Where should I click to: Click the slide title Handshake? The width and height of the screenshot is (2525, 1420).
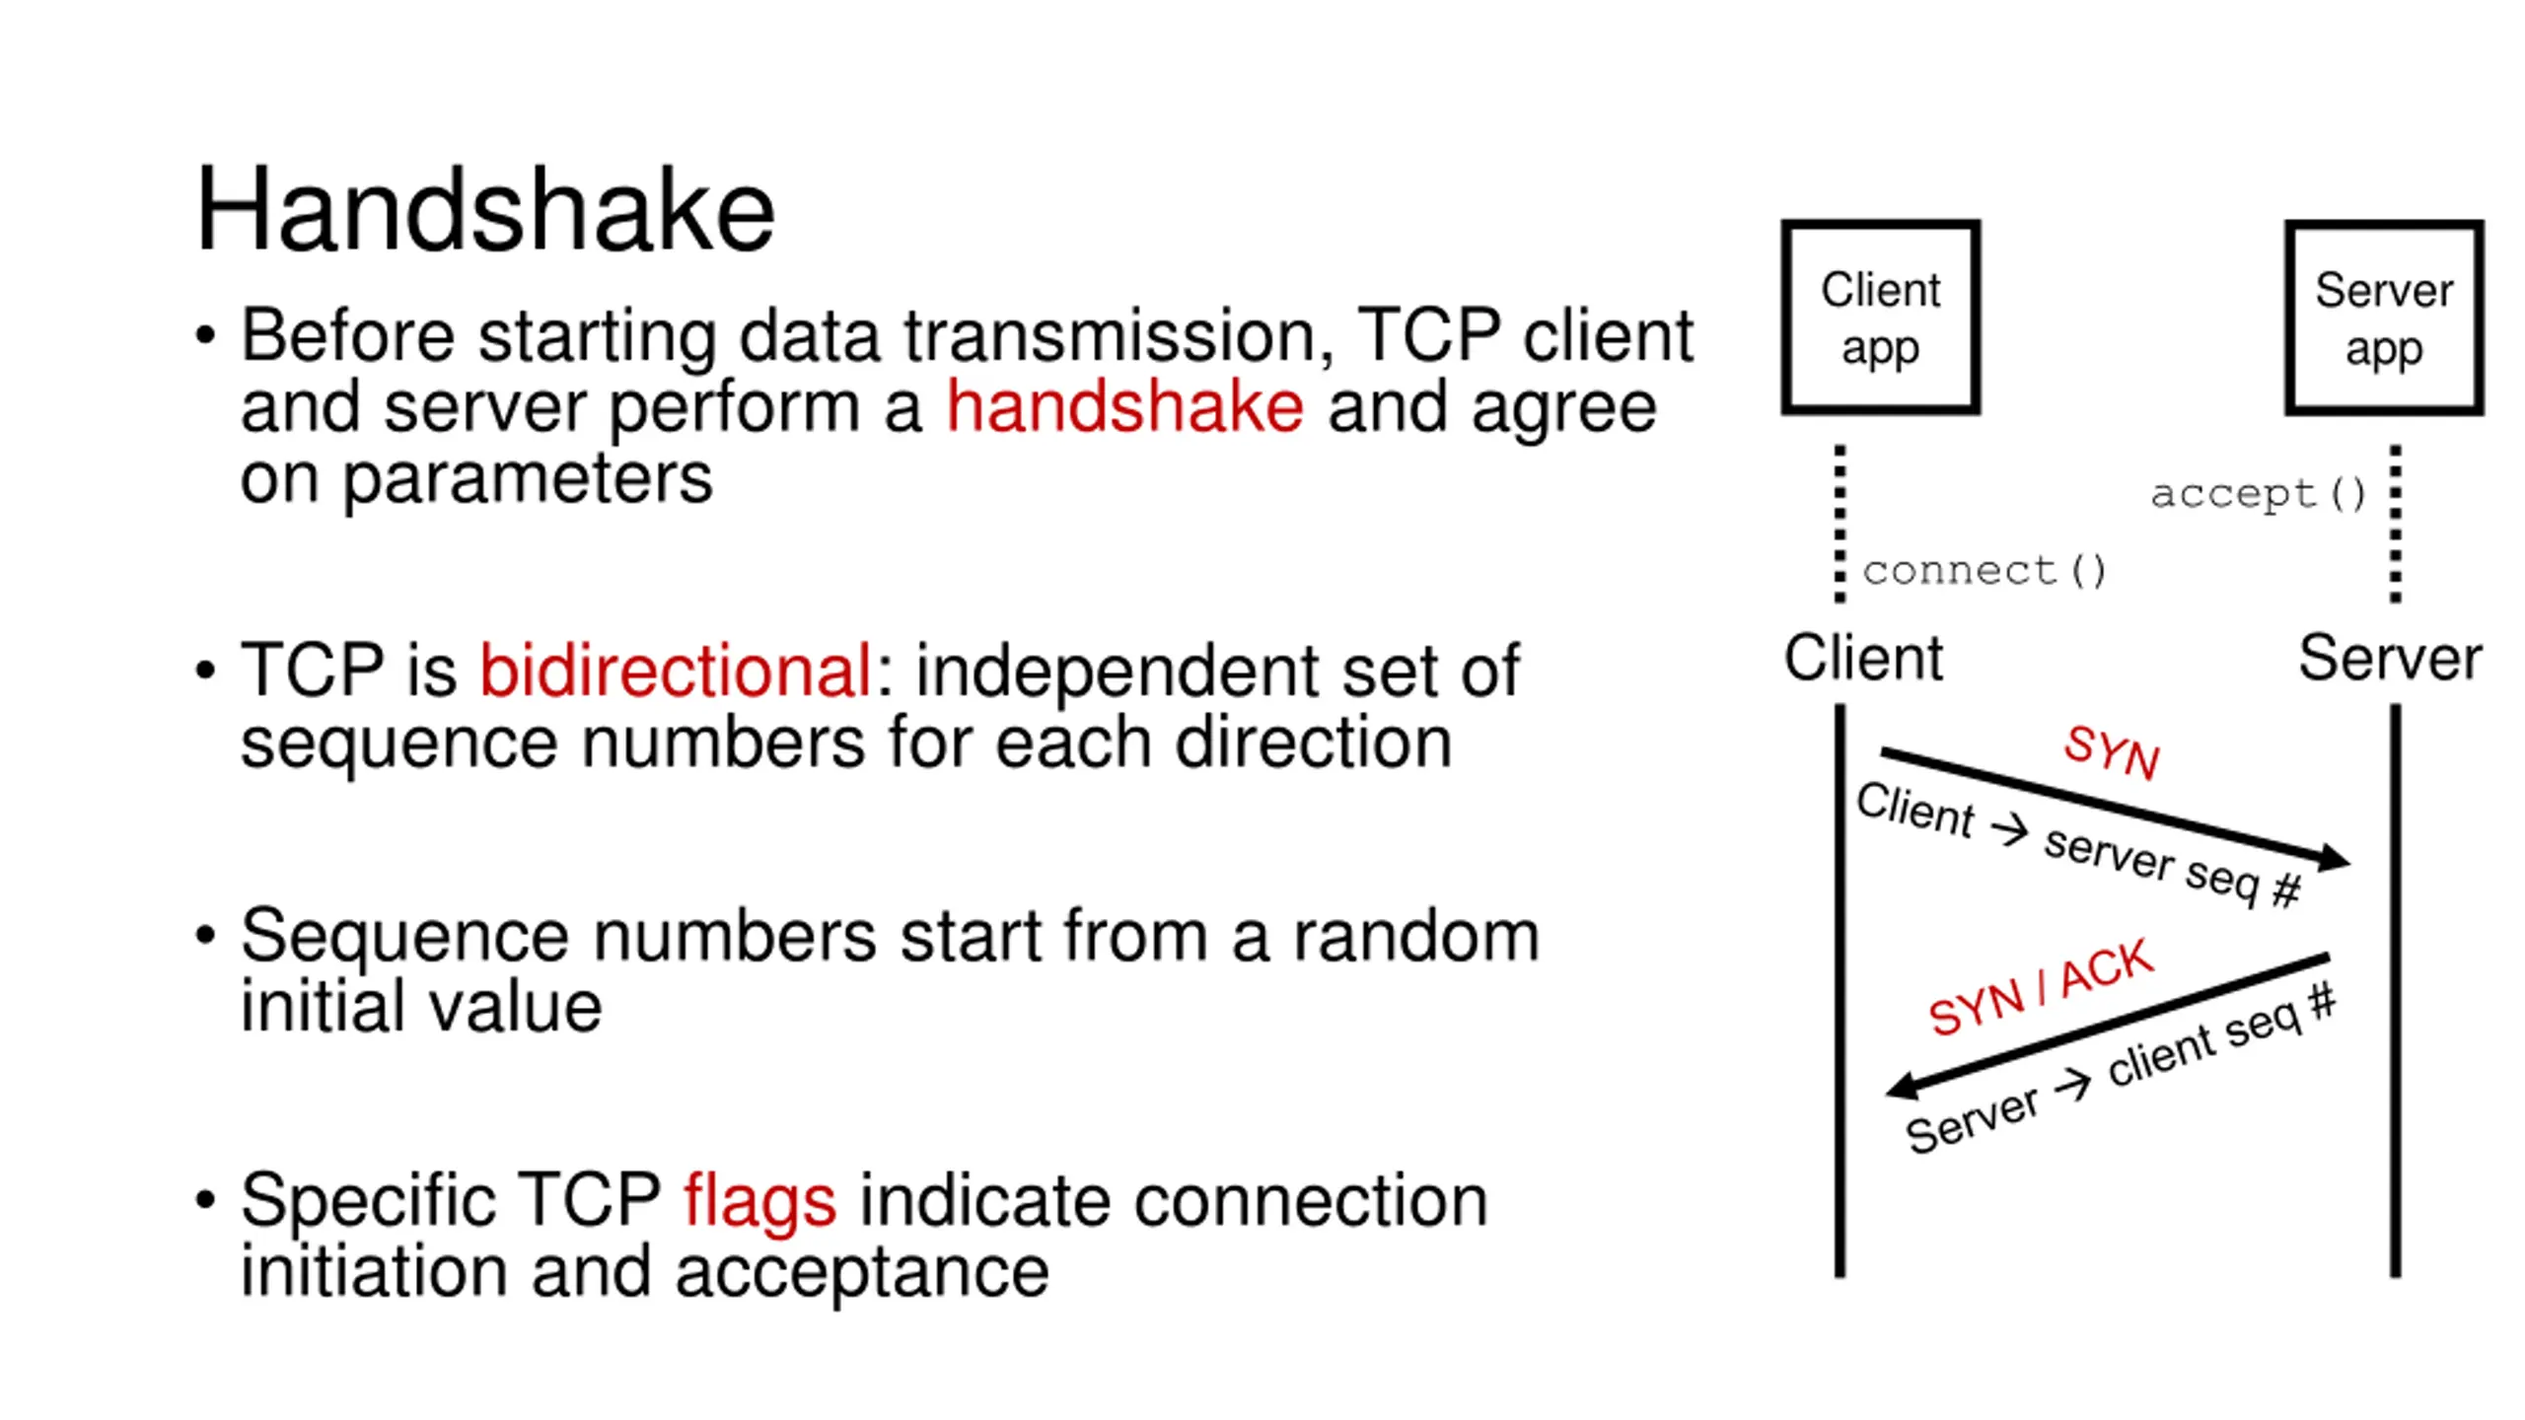point(484,210)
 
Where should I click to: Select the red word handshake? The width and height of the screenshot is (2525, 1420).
point(1124,406)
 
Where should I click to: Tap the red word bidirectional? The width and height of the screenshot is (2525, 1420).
point(675,671)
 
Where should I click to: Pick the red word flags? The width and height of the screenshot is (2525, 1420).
point(759,1201)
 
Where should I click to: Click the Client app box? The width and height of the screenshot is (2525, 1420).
point(1880,318)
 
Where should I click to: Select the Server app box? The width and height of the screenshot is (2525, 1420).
point(2383,318)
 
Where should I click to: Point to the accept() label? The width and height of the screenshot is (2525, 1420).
point(2258,493)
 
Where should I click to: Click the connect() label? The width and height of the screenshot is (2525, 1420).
point(1984,570)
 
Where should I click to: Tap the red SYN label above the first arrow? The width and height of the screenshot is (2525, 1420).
point(2112,751)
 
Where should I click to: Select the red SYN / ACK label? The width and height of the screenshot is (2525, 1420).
point(2041,986)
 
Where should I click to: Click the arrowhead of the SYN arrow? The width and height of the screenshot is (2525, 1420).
point(2334,859)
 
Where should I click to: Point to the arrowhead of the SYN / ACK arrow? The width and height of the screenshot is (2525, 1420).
point(1902,1086)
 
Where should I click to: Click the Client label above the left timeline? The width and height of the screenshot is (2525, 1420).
point(1863,658)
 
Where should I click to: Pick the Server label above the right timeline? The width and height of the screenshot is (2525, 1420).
point(2390,658)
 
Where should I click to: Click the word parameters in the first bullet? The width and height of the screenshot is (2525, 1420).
point(527,479)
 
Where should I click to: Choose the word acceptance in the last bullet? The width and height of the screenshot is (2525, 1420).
point(862,1272)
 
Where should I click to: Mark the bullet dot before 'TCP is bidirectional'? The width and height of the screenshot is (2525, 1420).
point(205,672)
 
